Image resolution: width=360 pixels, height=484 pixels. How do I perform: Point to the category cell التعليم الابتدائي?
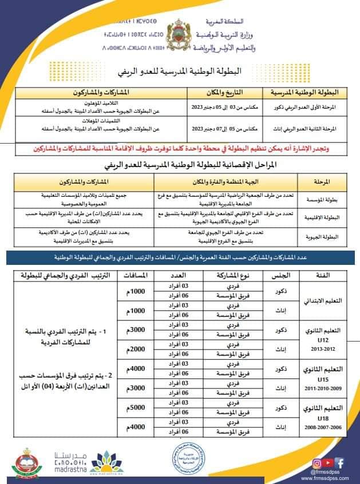[x=327, y=301]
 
